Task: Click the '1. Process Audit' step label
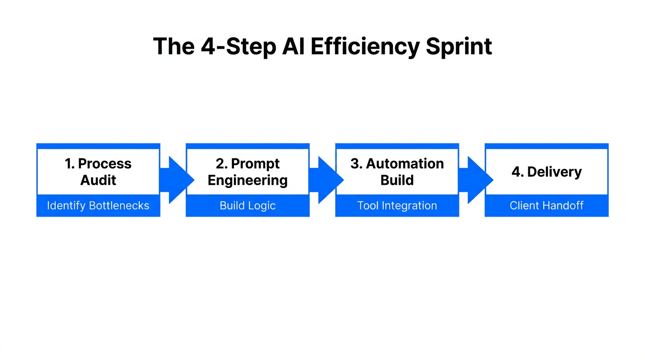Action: pos(98,172)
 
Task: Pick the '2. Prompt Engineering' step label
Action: pos(247,172)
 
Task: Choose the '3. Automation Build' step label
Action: pos(397,172)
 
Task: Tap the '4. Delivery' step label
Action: pos(547,172)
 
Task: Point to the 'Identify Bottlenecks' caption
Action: pos(98,205)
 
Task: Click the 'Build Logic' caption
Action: pos(247,205)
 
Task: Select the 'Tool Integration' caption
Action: pos(397,205)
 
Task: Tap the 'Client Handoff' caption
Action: pos(547,205)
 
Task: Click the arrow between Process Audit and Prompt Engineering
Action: pos(176,180)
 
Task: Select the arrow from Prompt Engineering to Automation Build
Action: pos(326,180)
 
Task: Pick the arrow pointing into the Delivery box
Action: pos(475,180)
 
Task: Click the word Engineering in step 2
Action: pos(247,180)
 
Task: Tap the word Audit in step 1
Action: pos(98,180)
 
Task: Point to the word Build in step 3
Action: pos(397,180)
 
